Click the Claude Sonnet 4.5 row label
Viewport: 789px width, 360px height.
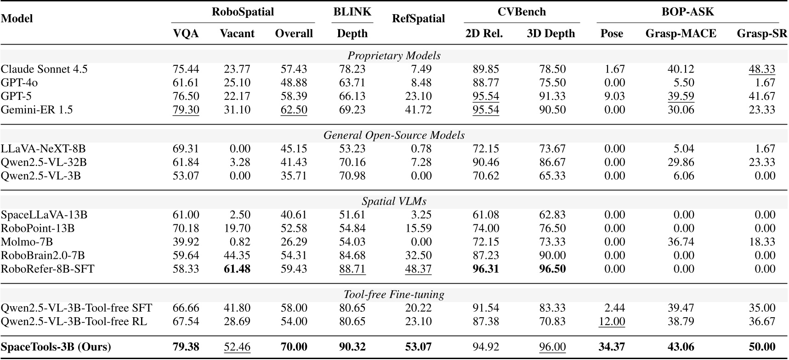click(x=44, y=69)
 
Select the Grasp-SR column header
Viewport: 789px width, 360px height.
click(x=761, y=34)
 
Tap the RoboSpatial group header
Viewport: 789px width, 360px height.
click(x=243, y=12)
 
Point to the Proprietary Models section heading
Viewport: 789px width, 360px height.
click(x=394, y=56)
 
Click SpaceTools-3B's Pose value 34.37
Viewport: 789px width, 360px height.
click(x=611, y=347)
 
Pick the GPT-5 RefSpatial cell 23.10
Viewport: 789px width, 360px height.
click(x=418, y=97)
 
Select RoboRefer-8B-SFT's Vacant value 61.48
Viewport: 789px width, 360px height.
click(x=237, y=269)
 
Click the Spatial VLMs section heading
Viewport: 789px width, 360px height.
click(x=394, y=202)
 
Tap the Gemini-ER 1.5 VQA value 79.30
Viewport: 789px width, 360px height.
click(x=186, y=110)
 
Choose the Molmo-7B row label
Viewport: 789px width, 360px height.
click(x=27, y=242)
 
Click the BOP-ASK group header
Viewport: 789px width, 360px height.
click(x=687, y=12)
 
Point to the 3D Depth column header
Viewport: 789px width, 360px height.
click(x=551, y=34)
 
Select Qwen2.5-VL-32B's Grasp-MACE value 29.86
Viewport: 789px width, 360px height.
click(x=681, y=162)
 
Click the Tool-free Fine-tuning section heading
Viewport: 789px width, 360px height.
click(x=394, y=295)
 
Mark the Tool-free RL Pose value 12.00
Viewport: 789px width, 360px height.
click(x=611, y=321)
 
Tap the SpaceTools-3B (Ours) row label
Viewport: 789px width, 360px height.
click(x=56, y=347)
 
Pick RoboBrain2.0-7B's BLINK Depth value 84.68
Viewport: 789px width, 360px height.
click(x=352, y=256)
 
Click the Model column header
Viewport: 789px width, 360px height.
click(x=17, y=18)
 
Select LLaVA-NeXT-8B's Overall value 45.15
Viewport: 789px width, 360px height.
click(x=294, y=149)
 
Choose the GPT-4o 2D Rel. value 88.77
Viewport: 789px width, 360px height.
click(x=486, y=83)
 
